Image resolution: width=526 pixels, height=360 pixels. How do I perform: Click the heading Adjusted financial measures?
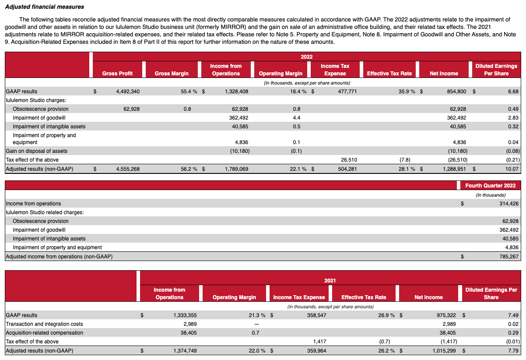(45, 7)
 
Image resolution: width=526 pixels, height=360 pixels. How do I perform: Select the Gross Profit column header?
(117, 74)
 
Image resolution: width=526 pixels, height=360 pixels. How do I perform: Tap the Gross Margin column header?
(172, 74)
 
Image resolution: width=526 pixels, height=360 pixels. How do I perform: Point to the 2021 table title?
(330, 280)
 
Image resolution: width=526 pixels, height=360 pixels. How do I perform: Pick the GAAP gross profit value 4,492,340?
(128, 92)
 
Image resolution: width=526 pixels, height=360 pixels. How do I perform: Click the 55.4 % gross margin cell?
(189, 92)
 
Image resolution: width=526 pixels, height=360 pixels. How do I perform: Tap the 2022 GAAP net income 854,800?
(455, 92)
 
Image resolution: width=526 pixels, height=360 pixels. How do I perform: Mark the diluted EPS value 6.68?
(513, 92)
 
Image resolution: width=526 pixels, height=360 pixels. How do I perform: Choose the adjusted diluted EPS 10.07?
(512, 169)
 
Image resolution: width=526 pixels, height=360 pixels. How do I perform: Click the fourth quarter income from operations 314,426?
(507, 204)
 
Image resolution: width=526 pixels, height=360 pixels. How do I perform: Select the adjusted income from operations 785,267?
(507, 257)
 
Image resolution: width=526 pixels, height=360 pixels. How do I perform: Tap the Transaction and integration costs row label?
(44, 324)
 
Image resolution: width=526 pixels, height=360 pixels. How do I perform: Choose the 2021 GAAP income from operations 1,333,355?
(179, 315)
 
